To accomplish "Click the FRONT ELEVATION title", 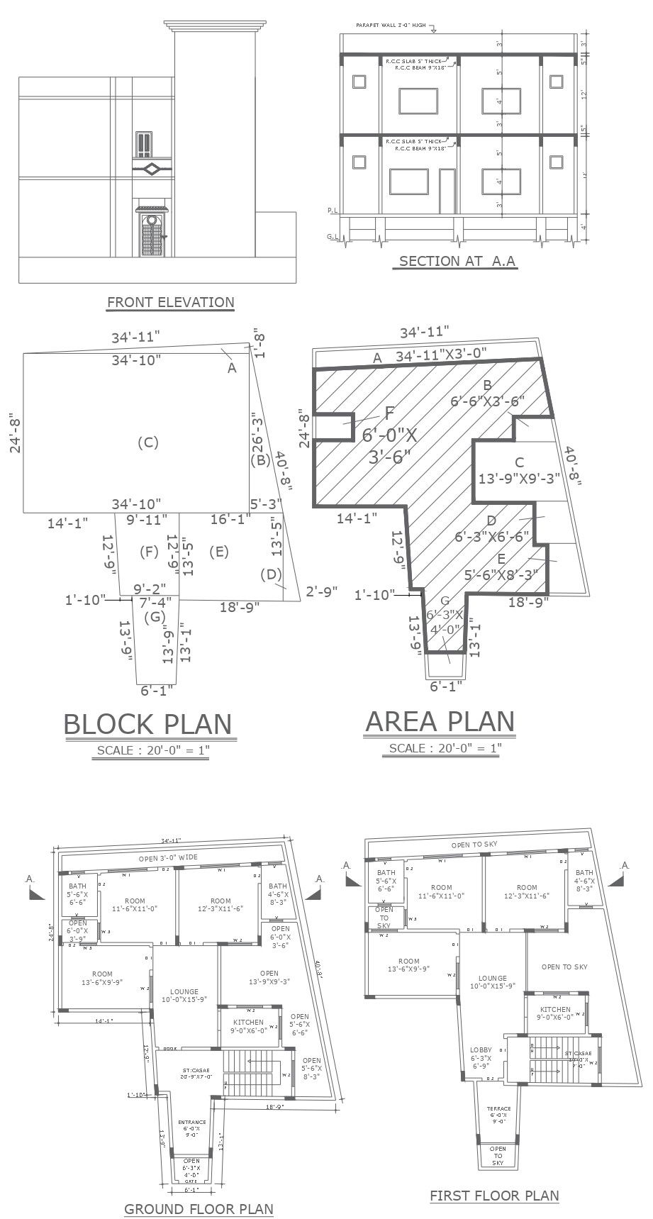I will point(170,302).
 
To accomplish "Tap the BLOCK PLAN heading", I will point(147,724).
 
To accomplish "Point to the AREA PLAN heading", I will point(440,721).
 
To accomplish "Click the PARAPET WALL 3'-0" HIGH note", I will point(391,26).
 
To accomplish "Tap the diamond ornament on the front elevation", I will point(151,169).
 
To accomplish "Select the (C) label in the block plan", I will point(147,443).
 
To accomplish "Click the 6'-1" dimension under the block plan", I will point(157,689).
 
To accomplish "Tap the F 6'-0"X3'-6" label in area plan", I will point(389,435).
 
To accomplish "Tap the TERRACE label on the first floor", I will point(498,1114).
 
